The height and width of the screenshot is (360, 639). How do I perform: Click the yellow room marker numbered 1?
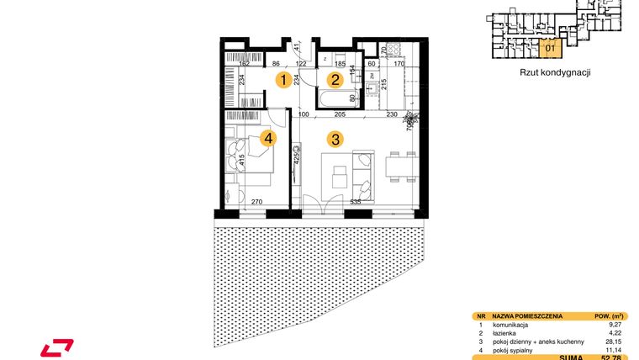[286, 81]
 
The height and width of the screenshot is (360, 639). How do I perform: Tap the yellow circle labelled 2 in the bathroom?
[335, 81]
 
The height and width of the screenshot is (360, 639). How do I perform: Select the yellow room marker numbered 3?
[335, 140]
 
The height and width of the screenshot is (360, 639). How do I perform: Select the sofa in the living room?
[363, 172]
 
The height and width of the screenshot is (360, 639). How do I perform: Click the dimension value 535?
[355, 202]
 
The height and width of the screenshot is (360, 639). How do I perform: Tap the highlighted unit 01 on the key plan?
[550, 48]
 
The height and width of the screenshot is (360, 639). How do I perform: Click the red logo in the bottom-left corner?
[57, 346]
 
